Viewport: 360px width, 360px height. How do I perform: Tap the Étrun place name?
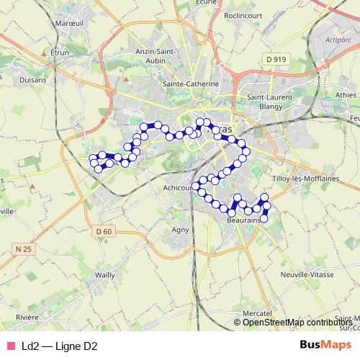click(x=59, y=53)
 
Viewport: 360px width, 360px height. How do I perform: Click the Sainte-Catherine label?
click(x=191, y=84)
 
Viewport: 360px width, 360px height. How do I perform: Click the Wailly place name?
click(x=105, y=275)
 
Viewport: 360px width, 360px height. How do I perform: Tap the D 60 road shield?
click(x=104, y=231)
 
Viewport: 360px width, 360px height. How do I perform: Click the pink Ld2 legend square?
click(x=11, y=346)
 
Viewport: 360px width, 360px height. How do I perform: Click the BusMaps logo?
click(x=325, y=346)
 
